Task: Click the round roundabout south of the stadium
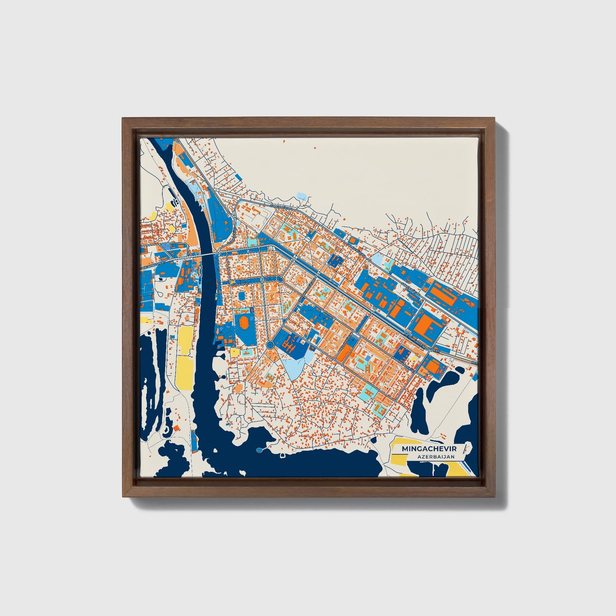point(269,344)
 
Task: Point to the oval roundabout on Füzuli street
point(279,279)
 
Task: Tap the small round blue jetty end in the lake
point(259,450)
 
